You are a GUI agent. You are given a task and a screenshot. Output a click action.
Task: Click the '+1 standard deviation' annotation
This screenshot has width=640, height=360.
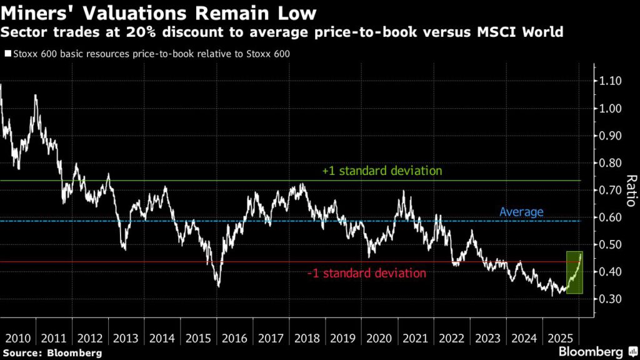382,171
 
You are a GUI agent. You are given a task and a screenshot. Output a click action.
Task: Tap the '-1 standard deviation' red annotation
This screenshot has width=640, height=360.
367,273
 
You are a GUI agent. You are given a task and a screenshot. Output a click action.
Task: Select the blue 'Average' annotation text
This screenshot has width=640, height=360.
521,212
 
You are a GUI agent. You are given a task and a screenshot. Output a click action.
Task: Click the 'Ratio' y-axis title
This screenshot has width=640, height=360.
629,190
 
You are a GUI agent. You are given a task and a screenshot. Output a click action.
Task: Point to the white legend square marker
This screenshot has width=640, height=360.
7,54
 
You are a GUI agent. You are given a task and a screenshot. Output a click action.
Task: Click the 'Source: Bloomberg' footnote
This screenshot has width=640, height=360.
51,352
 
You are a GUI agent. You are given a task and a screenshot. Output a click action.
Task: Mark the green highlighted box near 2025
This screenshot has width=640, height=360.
574,272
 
